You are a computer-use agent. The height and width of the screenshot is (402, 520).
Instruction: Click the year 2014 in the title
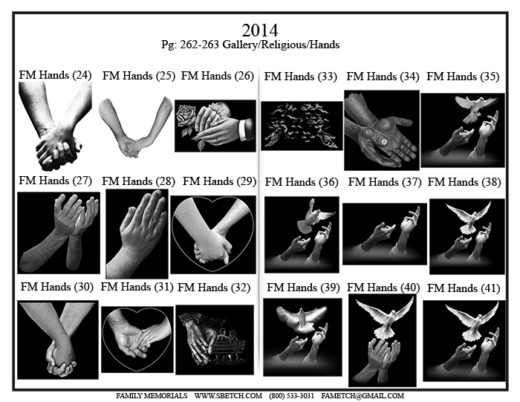[260, 30]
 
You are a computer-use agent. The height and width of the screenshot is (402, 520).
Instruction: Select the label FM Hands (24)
[55, 75]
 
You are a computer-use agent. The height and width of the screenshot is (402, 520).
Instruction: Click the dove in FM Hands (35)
[475, 108]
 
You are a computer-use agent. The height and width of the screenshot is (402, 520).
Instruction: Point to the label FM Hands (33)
[300, 77]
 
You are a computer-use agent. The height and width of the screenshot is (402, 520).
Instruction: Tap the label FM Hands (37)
[384, 182]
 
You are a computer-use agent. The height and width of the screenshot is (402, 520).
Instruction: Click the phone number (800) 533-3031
[291, 396]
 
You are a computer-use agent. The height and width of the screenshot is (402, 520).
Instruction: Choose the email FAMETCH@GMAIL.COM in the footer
[363, 396]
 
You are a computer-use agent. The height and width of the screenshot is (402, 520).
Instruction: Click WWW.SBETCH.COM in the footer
[228, 396]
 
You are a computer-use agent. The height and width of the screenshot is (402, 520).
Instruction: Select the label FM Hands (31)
[137, 287]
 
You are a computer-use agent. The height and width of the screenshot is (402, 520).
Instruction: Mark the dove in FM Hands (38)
[468, 217]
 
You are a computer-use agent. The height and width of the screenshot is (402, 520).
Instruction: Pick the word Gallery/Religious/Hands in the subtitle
[281, 45]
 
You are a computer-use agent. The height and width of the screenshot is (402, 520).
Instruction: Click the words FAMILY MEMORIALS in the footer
[152, 396]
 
